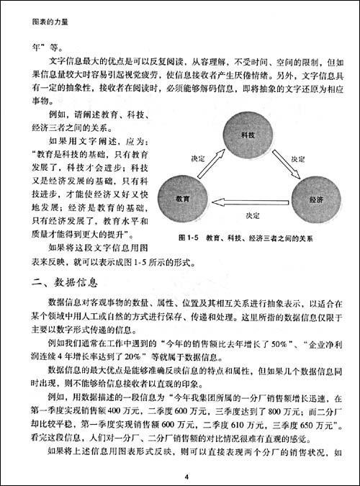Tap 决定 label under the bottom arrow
[x=252, y=215]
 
